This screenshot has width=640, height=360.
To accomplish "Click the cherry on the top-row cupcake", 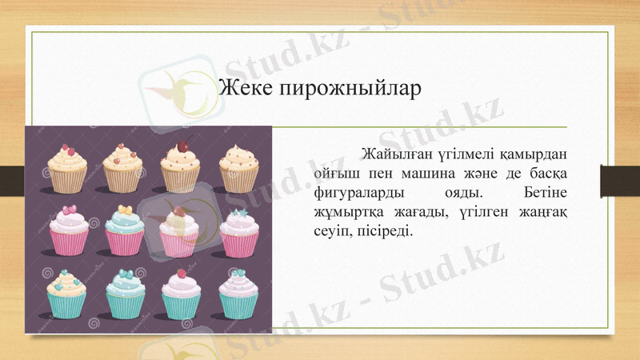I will click(x=182, y=146).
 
